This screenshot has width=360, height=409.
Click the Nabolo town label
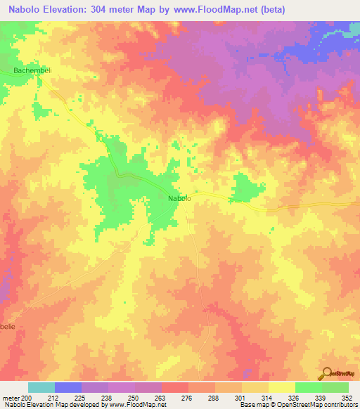pos(179,199)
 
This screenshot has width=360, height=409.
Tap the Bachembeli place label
pos(32,71)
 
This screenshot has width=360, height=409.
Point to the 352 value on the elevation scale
pos(347,398)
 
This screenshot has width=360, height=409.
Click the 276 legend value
pos(186,398)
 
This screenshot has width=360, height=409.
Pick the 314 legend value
pos(266,398)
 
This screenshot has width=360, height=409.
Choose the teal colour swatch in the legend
pos(41,387)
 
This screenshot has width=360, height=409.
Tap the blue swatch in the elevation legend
pos(68,387)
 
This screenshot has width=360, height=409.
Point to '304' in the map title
pos(112,8)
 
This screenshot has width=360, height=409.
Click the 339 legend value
pos(320,398)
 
